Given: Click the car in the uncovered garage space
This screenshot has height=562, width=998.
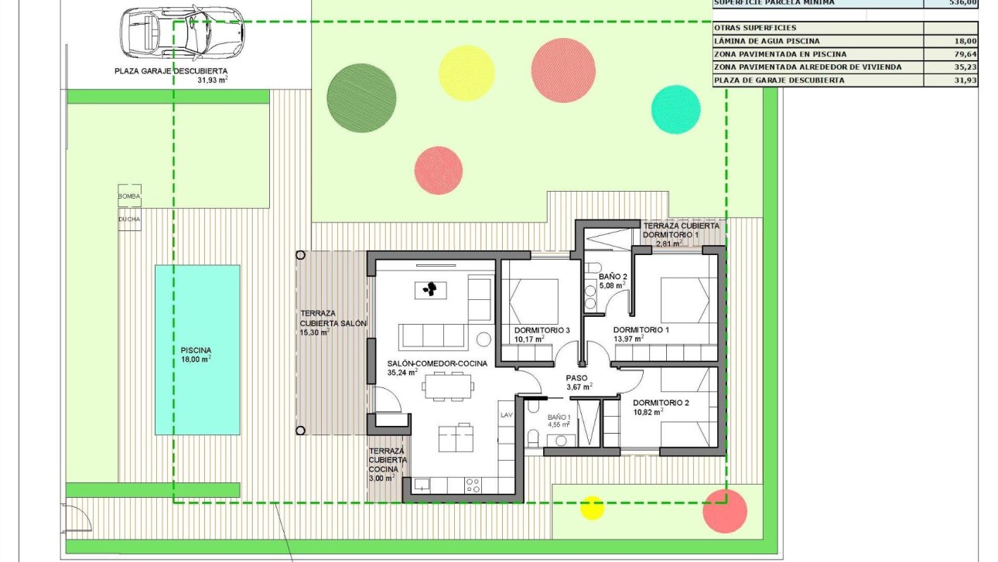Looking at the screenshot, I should [x=181, y=36].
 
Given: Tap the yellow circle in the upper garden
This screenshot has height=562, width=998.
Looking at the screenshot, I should [x=466, y=73].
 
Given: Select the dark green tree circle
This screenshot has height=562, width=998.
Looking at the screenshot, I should [x=357, y=97].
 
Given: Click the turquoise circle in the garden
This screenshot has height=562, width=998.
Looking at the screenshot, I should [x=675, y=109].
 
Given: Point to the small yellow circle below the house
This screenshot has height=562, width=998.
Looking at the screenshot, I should [x=592, y=507].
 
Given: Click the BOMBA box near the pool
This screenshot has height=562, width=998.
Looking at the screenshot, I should [x=129, y=196].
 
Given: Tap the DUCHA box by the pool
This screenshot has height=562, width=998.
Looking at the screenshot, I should [x=129, y=220].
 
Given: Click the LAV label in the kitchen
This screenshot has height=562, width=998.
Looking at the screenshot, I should [x=507, y=415].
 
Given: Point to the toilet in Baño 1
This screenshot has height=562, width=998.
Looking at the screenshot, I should [x=532, y=438].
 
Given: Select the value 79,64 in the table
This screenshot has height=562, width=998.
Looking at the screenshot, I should [x=963, y=54].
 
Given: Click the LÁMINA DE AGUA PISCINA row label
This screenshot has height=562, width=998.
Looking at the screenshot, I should [x=767, y=41].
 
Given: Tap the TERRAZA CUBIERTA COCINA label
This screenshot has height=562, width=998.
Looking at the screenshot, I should [x=388, y=464].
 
